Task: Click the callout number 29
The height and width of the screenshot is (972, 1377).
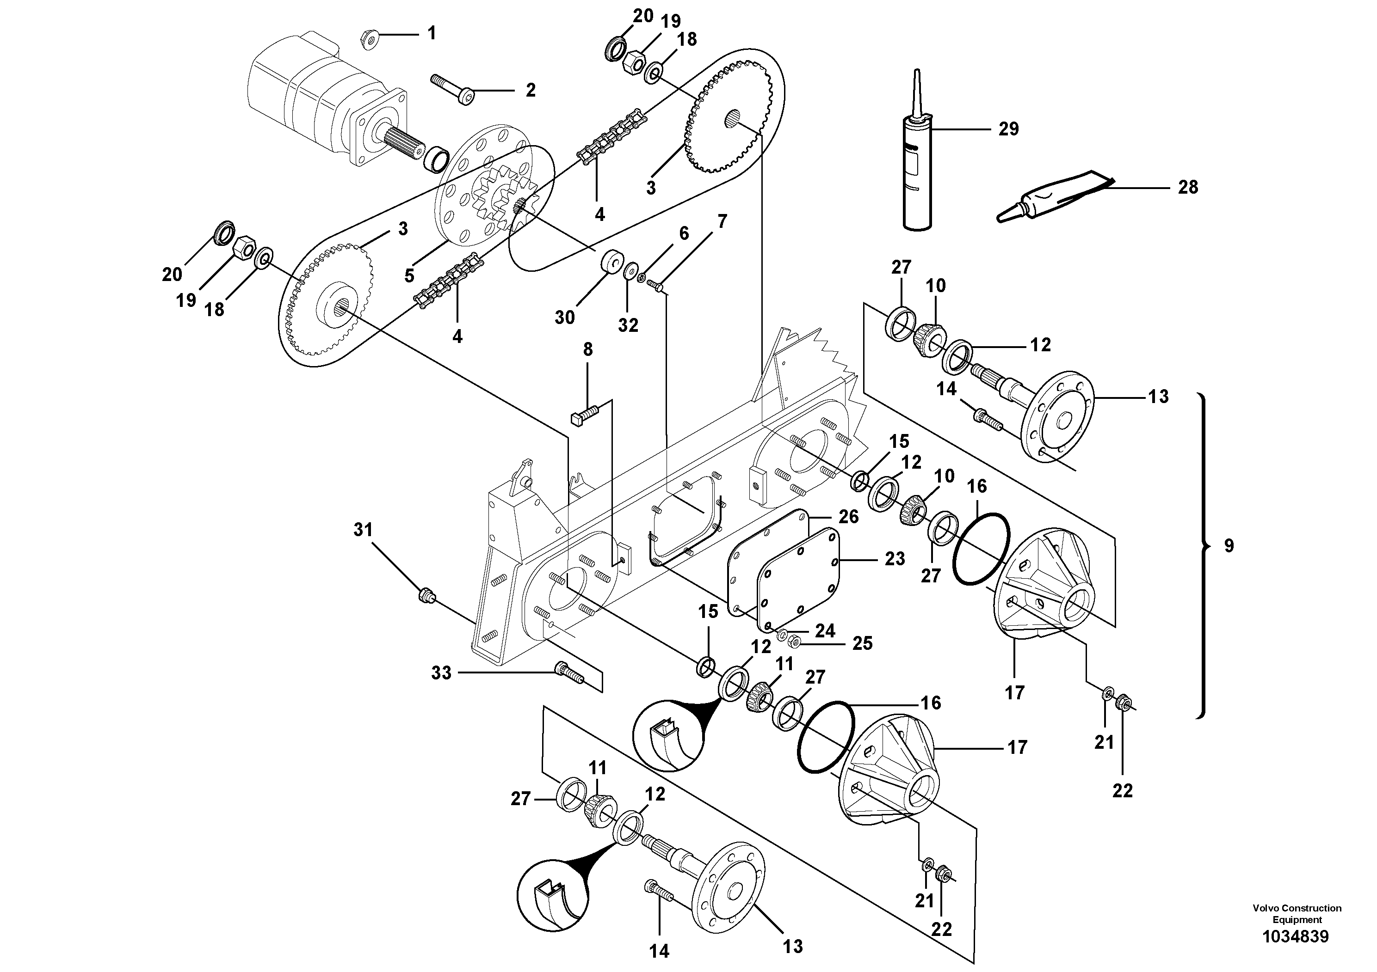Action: click(x=1008, y=129)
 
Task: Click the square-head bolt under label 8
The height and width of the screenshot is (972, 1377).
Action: click(x=584, y=414)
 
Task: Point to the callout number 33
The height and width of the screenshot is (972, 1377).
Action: click(x=441, y=673)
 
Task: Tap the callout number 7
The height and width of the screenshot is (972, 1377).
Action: click(x=722, y=222)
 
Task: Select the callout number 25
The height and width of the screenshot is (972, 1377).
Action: click(x=863, y=643)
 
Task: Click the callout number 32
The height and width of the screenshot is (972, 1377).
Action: click(x=628, y=325)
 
